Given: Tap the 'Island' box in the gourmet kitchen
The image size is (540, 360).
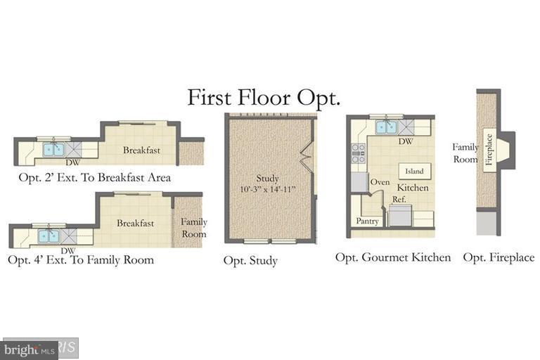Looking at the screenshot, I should [414, 171].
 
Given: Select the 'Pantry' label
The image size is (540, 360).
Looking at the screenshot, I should [367, 221].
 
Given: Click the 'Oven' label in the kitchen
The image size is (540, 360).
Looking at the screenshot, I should [380, 182].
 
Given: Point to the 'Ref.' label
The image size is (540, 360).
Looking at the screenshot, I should [399, 199].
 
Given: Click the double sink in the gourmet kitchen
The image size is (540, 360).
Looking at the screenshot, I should [385, 127].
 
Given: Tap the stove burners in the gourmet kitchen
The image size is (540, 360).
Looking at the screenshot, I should [358, 153].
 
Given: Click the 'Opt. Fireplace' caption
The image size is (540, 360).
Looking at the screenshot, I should [499, 257].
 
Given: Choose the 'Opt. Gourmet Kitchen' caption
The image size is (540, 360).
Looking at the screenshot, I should [392, 257].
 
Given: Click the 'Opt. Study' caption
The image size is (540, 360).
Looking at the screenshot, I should [250, 261].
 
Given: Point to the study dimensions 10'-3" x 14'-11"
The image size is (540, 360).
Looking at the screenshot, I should [268, 188].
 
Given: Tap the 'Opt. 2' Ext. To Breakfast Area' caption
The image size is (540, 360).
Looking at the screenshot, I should [94, 177].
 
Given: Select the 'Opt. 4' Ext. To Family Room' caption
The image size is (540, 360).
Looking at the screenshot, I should [80, 260].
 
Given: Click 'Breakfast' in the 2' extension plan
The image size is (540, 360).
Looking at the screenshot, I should [141, 150].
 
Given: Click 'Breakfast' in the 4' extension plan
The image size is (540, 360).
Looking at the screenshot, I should [136, 223].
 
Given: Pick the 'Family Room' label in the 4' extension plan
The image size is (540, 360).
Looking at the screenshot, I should [194, 228].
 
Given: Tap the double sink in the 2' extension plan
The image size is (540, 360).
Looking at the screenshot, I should [54, 150].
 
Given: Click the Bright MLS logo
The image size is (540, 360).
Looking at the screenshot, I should [29, 348].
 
